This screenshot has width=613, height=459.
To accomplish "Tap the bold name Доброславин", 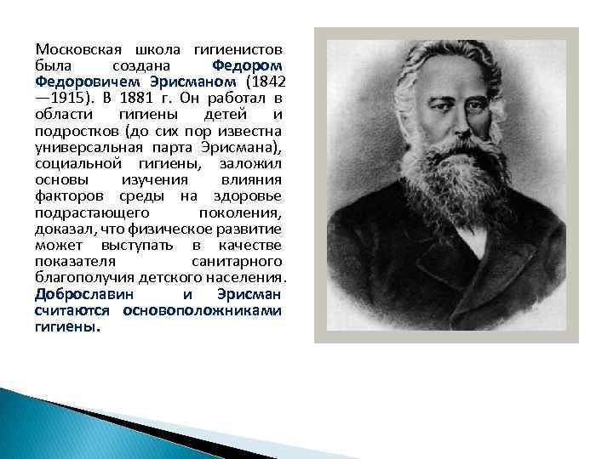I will pos(85,294).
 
